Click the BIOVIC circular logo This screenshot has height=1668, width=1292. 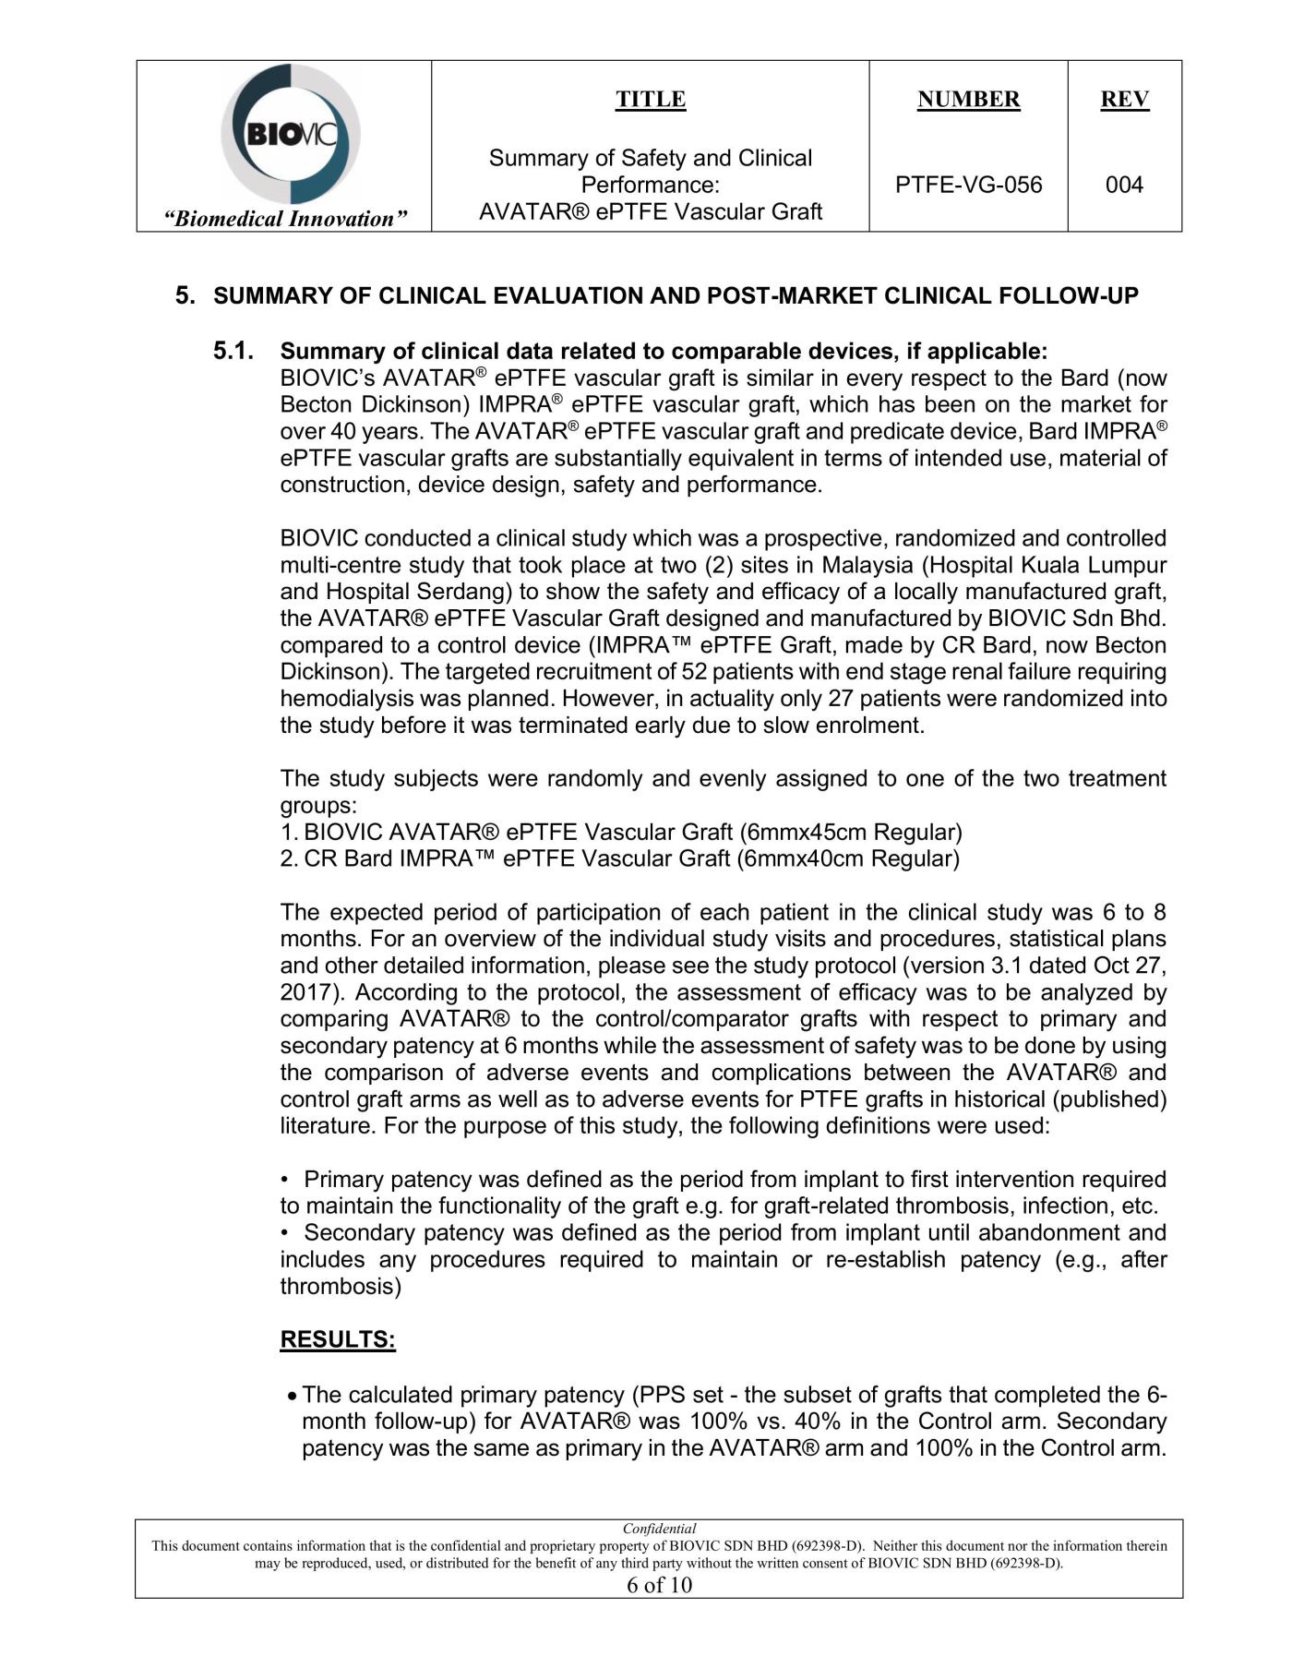(291, 134)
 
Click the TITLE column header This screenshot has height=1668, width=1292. (651, 100)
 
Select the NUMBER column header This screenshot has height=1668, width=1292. (968, 100)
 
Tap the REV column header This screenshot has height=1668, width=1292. (1124, 100)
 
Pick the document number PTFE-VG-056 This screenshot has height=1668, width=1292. (968, 185)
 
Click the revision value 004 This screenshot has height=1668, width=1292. (1124, 185)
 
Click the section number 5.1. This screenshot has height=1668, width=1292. (233, 351)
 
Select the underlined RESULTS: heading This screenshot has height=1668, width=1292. (338, 1340)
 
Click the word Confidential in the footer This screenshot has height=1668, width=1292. (659, 1529)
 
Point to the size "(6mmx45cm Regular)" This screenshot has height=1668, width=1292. (851, 833)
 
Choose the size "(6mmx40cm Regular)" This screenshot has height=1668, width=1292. (848, 859)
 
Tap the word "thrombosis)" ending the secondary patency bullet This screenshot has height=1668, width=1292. (341, 1287)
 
